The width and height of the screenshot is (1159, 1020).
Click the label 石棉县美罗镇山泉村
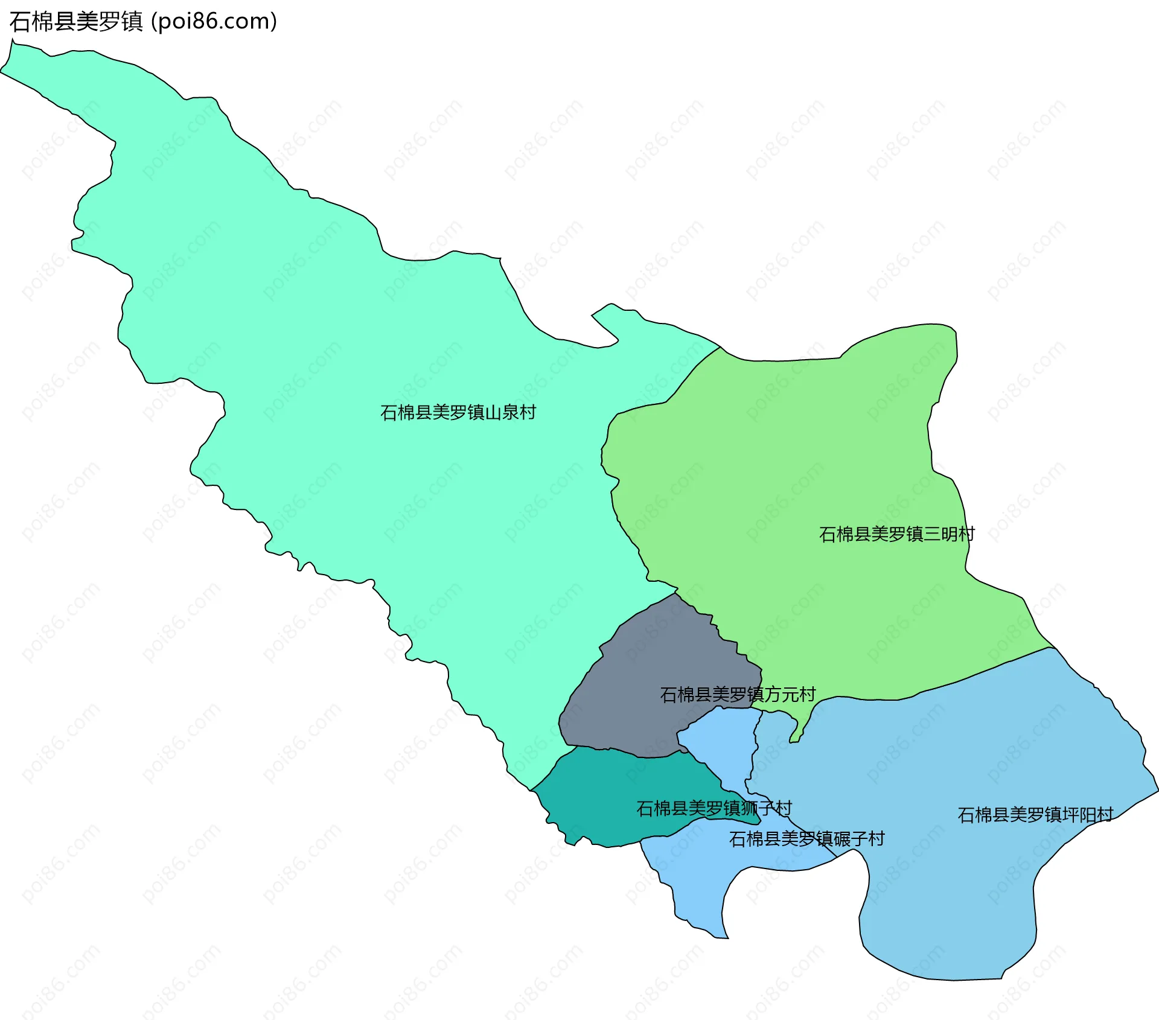458,412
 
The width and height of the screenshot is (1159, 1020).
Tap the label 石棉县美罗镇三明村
896,534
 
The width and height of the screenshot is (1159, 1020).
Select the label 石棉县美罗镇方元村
738,695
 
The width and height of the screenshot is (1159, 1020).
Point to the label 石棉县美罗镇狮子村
714,808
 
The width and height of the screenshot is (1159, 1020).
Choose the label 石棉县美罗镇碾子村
806,839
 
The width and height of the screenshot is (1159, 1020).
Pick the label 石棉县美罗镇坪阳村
1035,815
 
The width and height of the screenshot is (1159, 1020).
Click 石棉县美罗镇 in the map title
76,22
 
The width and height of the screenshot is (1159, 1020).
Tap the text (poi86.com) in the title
214,22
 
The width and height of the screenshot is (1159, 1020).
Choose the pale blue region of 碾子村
694,875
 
